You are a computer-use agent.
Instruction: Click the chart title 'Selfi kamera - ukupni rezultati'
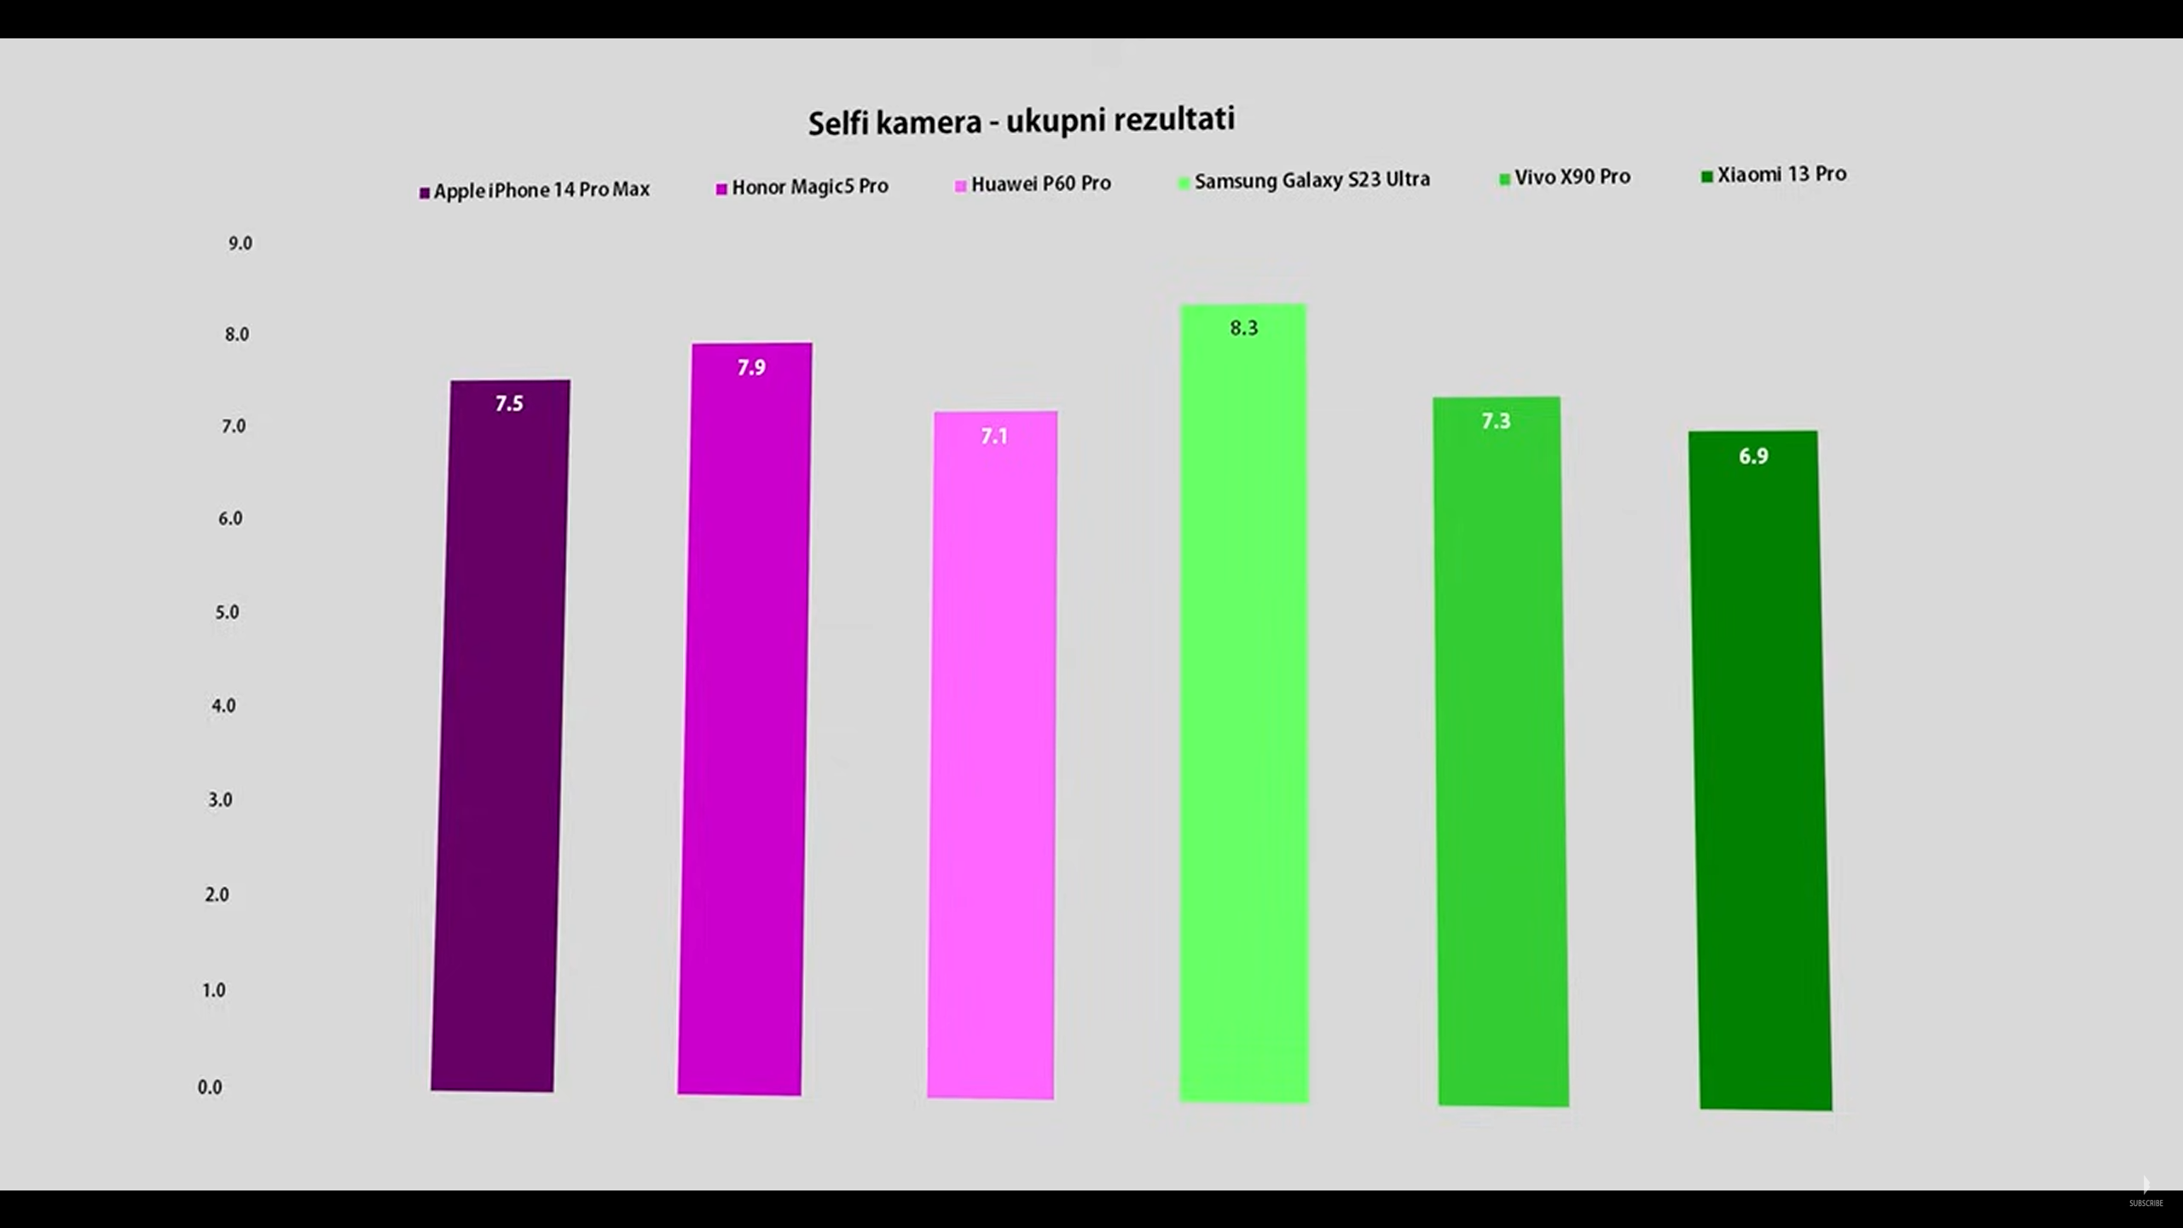point(1021,121)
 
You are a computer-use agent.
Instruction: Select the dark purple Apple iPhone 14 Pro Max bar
point(501,733)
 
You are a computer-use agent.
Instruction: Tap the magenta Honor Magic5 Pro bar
point(744,716)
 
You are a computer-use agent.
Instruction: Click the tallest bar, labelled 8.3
point(1243,699)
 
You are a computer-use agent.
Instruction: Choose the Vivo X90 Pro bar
point(1501,750)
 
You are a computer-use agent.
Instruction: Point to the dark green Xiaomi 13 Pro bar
point(1760,767)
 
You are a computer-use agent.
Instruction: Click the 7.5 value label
point(509,403)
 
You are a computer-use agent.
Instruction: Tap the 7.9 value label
point(751,368)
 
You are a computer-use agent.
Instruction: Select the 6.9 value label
point(1753,456)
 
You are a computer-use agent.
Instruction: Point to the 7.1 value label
point(994,437)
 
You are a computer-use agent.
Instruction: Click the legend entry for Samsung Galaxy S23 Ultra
point(1305,181)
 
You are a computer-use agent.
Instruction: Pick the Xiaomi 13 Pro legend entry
point(1775,175)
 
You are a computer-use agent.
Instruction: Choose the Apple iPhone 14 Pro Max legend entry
point(535,190)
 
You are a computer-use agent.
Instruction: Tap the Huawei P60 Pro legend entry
point(1034,184)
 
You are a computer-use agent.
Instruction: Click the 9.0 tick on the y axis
point(240,244)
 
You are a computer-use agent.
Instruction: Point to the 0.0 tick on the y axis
point(210,1087)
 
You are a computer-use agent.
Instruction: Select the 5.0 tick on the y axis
point(227,612)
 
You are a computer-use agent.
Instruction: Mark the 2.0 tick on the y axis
point(217,895)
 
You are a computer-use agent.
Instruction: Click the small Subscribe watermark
point(2145,1202)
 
